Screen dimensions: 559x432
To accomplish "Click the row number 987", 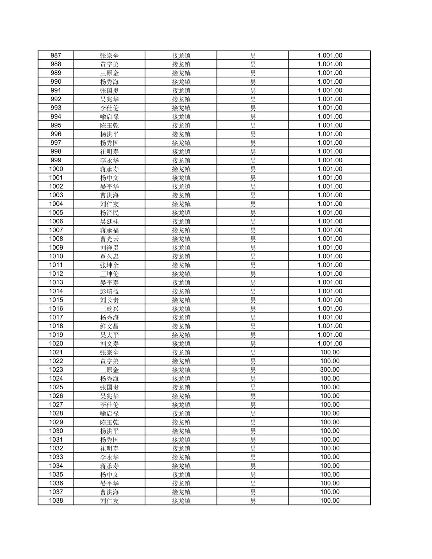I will pos(56,56).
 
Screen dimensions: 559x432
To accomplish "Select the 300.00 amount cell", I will pos(330,370).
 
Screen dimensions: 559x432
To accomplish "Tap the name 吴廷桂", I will pos(109,221).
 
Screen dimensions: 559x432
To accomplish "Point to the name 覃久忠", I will pos(109,256).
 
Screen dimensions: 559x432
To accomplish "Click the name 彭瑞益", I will pos(109,291).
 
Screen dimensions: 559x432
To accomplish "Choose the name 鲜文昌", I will pos(109,326).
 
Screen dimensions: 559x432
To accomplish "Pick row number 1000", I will pos(56,169).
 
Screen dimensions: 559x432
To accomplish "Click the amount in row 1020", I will pos(330,343).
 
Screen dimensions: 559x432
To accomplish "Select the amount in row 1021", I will pos(330,352).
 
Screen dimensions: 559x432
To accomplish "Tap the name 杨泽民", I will pos(109,213).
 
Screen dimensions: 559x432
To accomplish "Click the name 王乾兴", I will pos(109,309).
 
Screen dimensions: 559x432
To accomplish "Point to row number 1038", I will pos(56,501).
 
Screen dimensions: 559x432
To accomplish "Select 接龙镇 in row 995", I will pos(181,126).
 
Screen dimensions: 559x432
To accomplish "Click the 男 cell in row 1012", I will pos(253,274).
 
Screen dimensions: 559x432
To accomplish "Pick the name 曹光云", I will pos(109,239).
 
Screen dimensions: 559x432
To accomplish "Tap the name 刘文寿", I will pos(109,343).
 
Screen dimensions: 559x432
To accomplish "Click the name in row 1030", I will pos(109,431).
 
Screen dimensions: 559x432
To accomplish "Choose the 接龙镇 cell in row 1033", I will pos(181,457).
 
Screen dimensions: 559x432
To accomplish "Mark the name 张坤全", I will pos(109,265).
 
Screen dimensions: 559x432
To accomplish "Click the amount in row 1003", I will pos(330,195).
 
